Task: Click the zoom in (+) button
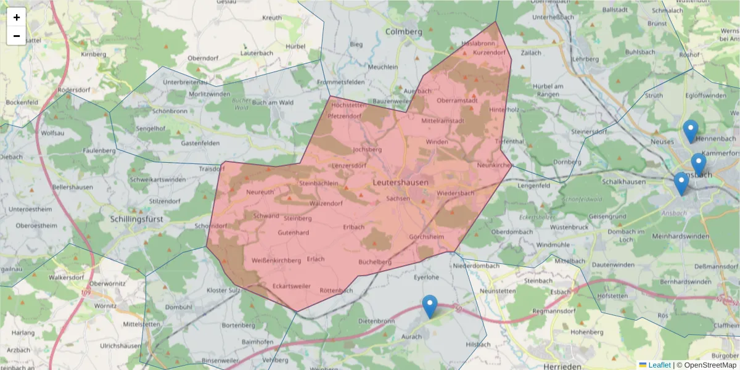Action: click(17, 17)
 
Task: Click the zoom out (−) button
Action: click(17, 36)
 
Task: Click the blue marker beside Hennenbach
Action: click(691, 131)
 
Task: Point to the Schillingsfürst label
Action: click(139, 219)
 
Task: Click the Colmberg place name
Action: click(403, 31)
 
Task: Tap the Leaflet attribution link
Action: click(659, 365)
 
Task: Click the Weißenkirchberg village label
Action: click(276, 261)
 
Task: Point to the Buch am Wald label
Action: click(272, 102)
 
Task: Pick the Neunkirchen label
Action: click(495, 165)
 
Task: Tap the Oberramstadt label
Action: click(457, 101)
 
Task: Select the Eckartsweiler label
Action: click(292, 286)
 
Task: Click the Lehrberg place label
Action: click(585, 59)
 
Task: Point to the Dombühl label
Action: click(179, 306)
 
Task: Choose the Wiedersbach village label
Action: click(455, 193)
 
